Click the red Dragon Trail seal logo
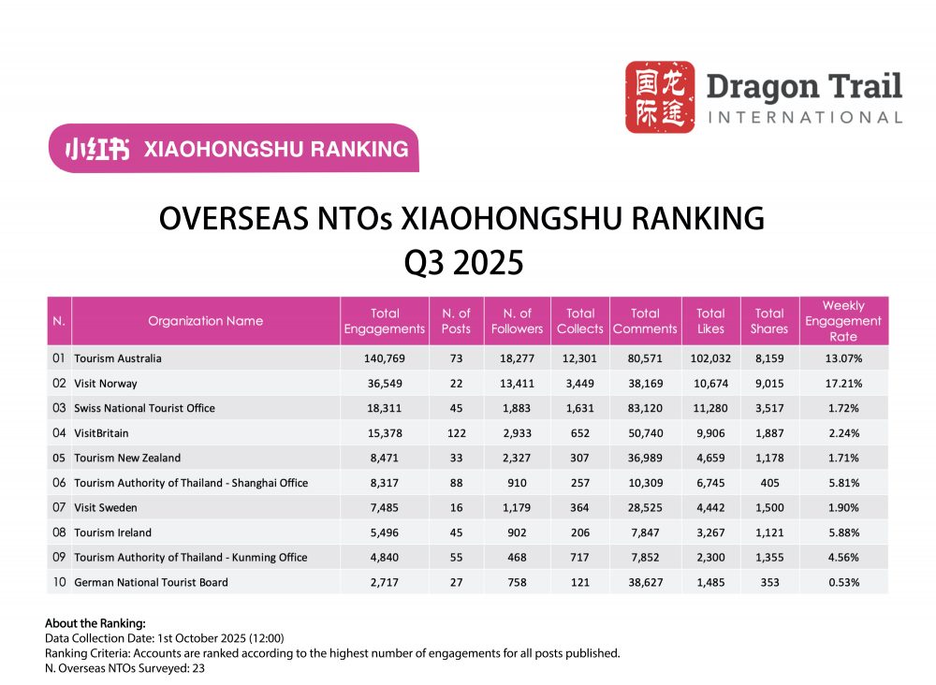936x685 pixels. (660, 97)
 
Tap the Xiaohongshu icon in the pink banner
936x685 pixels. (96, 149)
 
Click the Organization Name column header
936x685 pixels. (205, 321)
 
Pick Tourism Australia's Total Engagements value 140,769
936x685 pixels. (385, 358)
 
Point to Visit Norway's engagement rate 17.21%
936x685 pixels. (843, 384)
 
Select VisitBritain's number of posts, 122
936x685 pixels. (456, 433)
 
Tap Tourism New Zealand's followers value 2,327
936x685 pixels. (517, 458)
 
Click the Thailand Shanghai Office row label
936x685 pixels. (190, 483)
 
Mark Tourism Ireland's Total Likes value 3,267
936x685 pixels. (710, 532)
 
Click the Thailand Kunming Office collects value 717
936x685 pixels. (580, 557)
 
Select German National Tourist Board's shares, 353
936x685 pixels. (769, 582)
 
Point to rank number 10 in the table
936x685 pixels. (59, 582)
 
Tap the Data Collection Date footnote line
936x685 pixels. (165, 638)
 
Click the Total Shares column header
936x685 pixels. (769, 321)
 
